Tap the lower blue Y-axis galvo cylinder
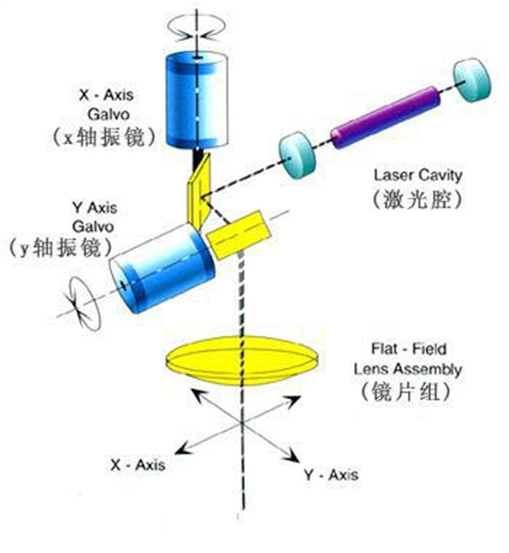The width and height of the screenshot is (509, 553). coord(161,270)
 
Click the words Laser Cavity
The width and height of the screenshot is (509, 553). coord(417,176)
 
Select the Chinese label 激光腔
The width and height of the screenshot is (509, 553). coord(417,201)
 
